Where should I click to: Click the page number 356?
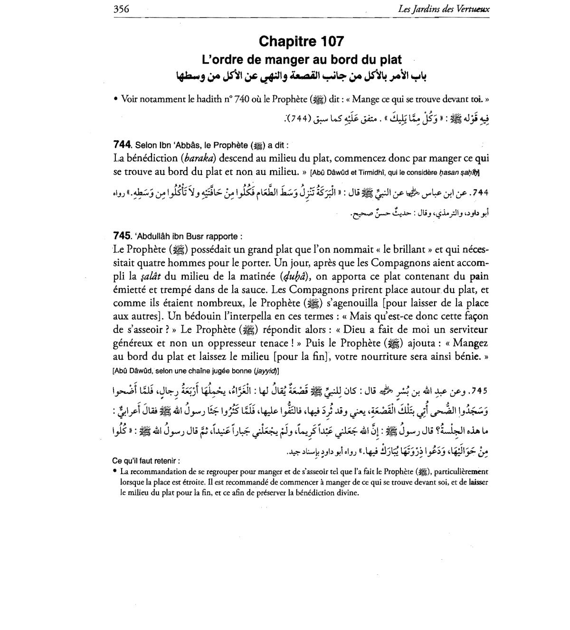122,9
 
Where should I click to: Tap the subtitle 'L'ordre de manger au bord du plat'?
302,60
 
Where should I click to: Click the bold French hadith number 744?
122,144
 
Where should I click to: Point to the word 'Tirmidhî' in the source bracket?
374,172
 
